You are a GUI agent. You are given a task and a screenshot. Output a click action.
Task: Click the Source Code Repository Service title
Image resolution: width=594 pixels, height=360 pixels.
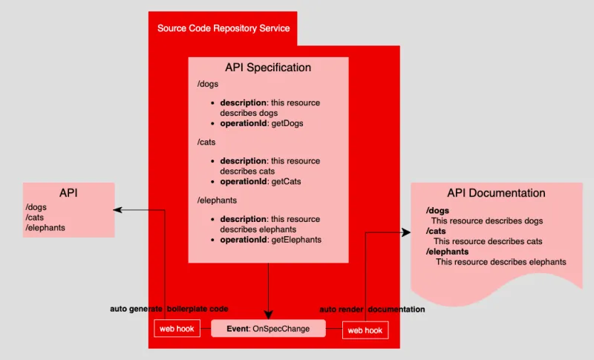tap(223, 28)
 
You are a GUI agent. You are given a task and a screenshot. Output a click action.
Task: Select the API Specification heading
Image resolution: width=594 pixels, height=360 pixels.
tap(267, 68)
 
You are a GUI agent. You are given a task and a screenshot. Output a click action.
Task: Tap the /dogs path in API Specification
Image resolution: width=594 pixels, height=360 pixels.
tap(207, 85)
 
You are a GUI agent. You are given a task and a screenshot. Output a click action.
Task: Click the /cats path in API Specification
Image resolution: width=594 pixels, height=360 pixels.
tap(206, 143)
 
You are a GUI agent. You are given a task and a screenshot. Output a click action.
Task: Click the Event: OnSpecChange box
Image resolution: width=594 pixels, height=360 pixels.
tap(268, 328)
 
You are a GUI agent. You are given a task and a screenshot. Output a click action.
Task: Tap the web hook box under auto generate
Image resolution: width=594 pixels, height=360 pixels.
tap(177, 329)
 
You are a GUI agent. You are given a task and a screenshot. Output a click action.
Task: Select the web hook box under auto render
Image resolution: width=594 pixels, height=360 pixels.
tap(365, 330)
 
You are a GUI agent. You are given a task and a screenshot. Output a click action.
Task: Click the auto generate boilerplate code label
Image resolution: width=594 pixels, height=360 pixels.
tap(169, 308)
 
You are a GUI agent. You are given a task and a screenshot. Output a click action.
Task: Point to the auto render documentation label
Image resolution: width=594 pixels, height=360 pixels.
tap(372, 309)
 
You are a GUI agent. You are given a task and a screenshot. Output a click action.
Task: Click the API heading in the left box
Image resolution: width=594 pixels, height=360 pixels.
tap(68, 193)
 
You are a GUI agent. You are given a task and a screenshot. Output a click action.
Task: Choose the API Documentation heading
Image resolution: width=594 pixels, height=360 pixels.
tap(496, 193)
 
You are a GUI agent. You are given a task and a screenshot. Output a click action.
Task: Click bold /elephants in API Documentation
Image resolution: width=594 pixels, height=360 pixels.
tap(444, 252)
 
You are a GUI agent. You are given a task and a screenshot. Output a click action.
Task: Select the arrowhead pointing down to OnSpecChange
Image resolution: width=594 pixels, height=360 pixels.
tap(268, 315)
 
